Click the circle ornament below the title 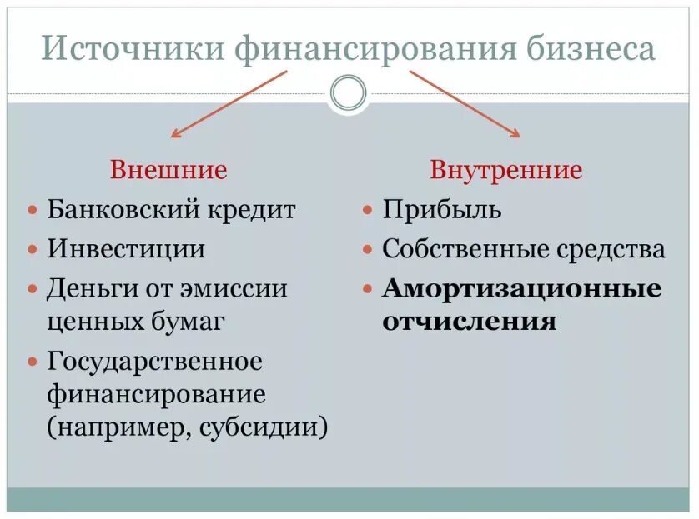point(348,92)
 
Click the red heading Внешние point(168,171)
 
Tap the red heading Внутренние point(505,171)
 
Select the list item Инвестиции point(126,248)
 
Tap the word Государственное point(155,362)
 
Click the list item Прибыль point(442,209)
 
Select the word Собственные point(461,248)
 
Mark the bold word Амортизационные point(522,288)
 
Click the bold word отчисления point(470,322)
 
